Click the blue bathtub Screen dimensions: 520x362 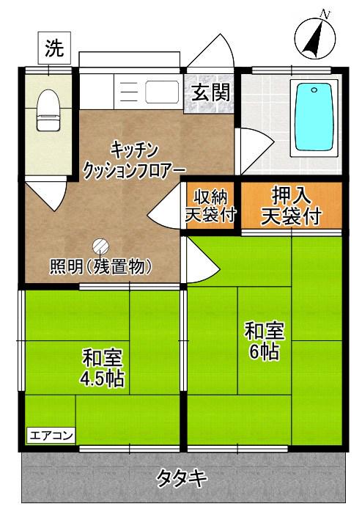point(312,117)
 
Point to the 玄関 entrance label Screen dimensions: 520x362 point(211,92)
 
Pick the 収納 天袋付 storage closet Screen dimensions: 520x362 point(210,206)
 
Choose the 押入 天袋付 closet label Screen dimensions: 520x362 point(291,206)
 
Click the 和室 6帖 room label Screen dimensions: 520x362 point(264,341)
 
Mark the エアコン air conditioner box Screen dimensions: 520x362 point(51,436)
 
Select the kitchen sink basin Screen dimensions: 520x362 point(163,93)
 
